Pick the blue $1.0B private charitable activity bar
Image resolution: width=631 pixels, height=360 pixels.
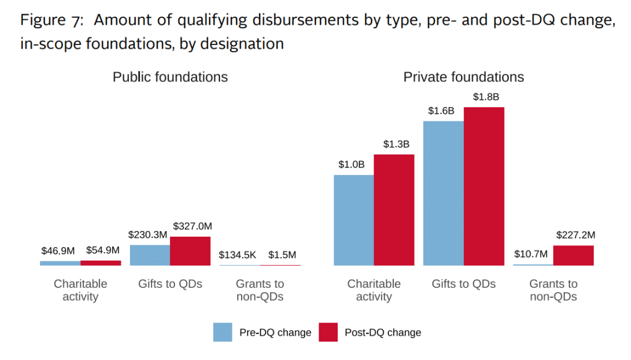tap(354, 220)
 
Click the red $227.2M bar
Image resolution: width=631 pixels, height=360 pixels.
tap(574, 255)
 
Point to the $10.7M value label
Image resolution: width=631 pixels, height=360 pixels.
tap(532, 254)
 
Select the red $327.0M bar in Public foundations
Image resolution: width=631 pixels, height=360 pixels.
tap(190, 251)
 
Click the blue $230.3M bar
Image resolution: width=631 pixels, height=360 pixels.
tap(150, 255)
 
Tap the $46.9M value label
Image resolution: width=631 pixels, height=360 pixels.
tap(60, 251)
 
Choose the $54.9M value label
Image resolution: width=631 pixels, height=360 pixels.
tap(101, 251)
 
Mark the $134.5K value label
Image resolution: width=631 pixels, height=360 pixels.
tap(238, 255)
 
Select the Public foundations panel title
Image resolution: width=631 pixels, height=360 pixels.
tap(170, 77)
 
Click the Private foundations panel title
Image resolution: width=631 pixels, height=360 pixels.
tap(463, 77)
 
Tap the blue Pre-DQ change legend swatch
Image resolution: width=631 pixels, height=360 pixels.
tap(222, 332)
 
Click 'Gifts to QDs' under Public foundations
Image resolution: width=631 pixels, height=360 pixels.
tap(170, 284)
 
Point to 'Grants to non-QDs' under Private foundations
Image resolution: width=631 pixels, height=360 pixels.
tap(553, 290)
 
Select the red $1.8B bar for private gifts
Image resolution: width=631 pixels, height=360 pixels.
tap(484, 186)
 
